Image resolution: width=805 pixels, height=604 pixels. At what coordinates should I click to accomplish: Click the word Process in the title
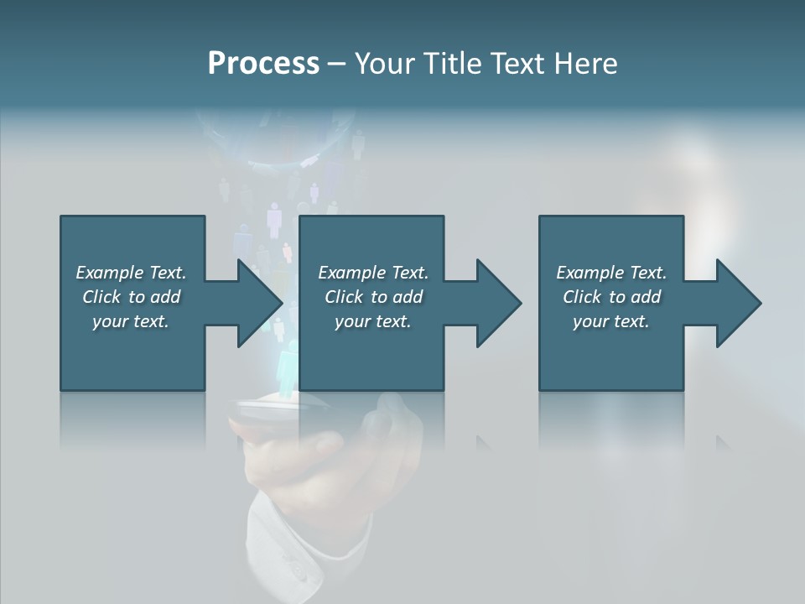click(x=263, y=63)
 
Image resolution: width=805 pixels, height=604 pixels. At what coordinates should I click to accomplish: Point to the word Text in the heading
click(x=518, y=63)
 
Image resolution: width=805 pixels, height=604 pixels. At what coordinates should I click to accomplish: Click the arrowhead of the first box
click(x=256, y=303)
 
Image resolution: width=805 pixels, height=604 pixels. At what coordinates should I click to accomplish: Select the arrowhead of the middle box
click(x=496, y=303)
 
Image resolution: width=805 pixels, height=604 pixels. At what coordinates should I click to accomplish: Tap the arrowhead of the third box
click(x=735, y=303)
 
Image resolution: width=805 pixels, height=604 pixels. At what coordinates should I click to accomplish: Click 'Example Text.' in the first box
click(x=131, y=273)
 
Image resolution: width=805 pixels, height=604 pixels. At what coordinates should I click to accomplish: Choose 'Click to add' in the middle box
click(x=373, y=297)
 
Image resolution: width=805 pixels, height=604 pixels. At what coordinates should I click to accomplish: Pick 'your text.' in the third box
click(x=610, y=321)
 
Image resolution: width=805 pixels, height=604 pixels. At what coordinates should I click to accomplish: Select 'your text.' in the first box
click(x=131, y=321)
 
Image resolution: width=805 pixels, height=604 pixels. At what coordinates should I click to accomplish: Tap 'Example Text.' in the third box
click(x=611, y=273)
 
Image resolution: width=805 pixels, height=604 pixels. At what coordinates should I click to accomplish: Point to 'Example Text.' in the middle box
click(x=373, y=273)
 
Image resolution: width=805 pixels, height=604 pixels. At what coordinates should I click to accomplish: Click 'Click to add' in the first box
click(x=131, y=297)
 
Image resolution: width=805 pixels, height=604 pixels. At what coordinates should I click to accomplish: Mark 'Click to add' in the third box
click(x=611, y=297)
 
